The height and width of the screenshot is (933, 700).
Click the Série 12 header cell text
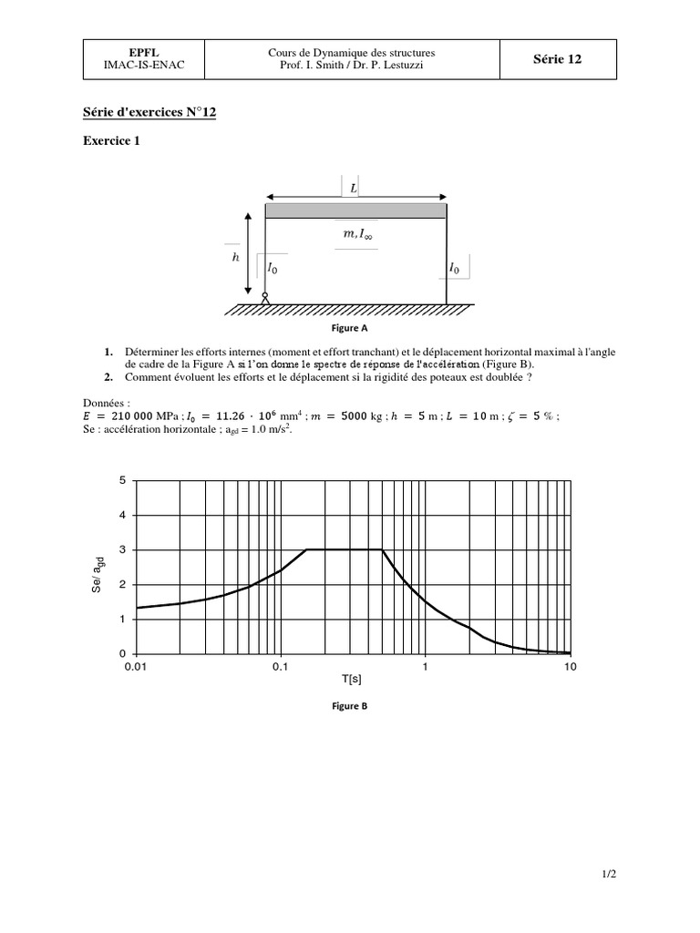pyautogui.click(x=557, y=60)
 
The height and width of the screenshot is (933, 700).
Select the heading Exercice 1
pyautogui.click(x=112, y=141)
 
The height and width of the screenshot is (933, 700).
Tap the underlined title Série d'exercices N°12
pyautogui.click(x=149, y=112)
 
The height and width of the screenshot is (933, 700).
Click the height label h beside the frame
pyautogui.click(x=236, y=257)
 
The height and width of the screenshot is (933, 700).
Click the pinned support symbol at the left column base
pyautogui.click(x=265, y=297)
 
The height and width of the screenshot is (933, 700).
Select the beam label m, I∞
pyautogui.click(x=356, y=235)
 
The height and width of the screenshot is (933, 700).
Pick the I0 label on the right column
pyautogui.click(x=455, y=268)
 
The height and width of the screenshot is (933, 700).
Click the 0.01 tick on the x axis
pyautogui.click(x=136, y=667)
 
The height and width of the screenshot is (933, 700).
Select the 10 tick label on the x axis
pyautogui.click(x=571, y=667)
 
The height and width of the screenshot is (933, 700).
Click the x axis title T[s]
pyautogui.click(x=353, y=679)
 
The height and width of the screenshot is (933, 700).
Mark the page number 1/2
pyautogui.click(x=609, y=876)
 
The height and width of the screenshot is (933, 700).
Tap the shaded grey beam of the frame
pyautogui.click(x=355, y=210)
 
